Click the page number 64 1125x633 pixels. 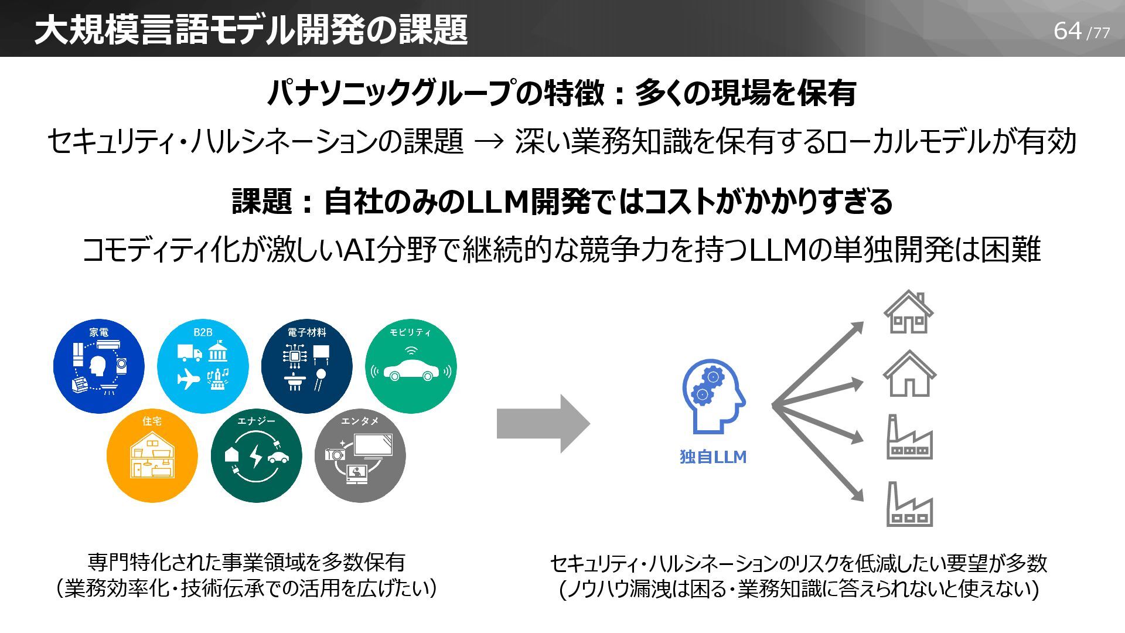click(1067, 30)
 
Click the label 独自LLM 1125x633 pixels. click(713, 457)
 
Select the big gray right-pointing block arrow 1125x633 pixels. click(543, 423)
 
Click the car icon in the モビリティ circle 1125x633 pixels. click(411, 370)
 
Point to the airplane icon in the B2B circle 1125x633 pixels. click(189, 379)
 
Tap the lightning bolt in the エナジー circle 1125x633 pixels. click(256, 455)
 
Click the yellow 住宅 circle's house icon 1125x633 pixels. click(152, 455)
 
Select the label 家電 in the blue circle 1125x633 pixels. click(98, 332)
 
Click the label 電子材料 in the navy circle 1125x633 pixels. click(306, 332)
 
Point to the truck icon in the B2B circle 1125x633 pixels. click(189, 353)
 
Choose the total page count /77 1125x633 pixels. click(1098, 33)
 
